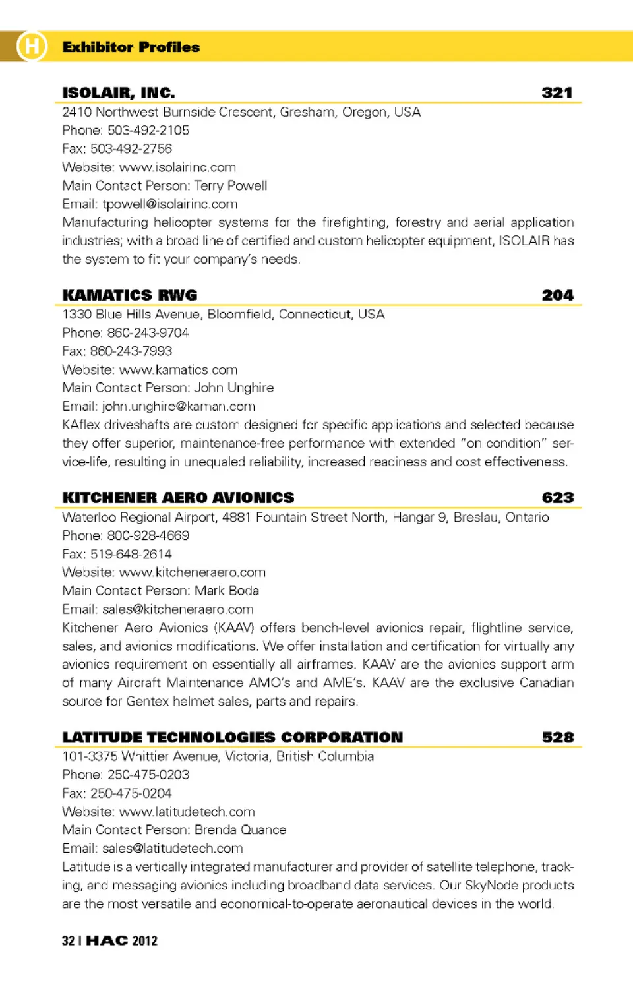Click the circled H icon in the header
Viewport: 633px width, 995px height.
point(32,46)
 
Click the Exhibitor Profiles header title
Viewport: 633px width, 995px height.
point(131,47)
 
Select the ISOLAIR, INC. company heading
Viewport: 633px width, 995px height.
point(119,93)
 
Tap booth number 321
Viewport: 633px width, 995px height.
point(557,93)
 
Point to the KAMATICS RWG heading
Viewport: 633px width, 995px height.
point(130,295)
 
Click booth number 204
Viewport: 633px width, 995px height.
point(557,295)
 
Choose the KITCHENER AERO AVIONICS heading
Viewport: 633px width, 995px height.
point(178,498)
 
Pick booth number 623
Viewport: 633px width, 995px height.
point(558,498)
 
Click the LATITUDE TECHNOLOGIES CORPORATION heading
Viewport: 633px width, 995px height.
point(232,737)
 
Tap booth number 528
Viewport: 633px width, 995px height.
point(558,737)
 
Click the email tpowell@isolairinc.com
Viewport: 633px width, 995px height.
point(170,204)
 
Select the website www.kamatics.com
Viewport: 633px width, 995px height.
point(178,370)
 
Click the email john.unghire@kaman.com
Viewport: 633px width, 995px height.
point(179,407)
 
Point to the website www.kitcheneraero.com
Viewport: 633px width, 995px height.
point(192,572)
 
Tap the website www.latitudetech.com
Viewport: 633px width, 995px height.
point(187,812)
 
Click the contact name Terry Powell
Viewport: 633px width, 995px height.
point(230,186)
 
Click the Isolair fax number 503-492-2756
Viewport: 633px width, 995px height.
point(131,149)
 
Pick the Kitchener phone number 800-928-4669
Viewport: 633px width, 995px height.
point(148,535)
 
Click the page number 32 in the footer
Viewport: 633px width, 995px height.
point(68,941)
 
